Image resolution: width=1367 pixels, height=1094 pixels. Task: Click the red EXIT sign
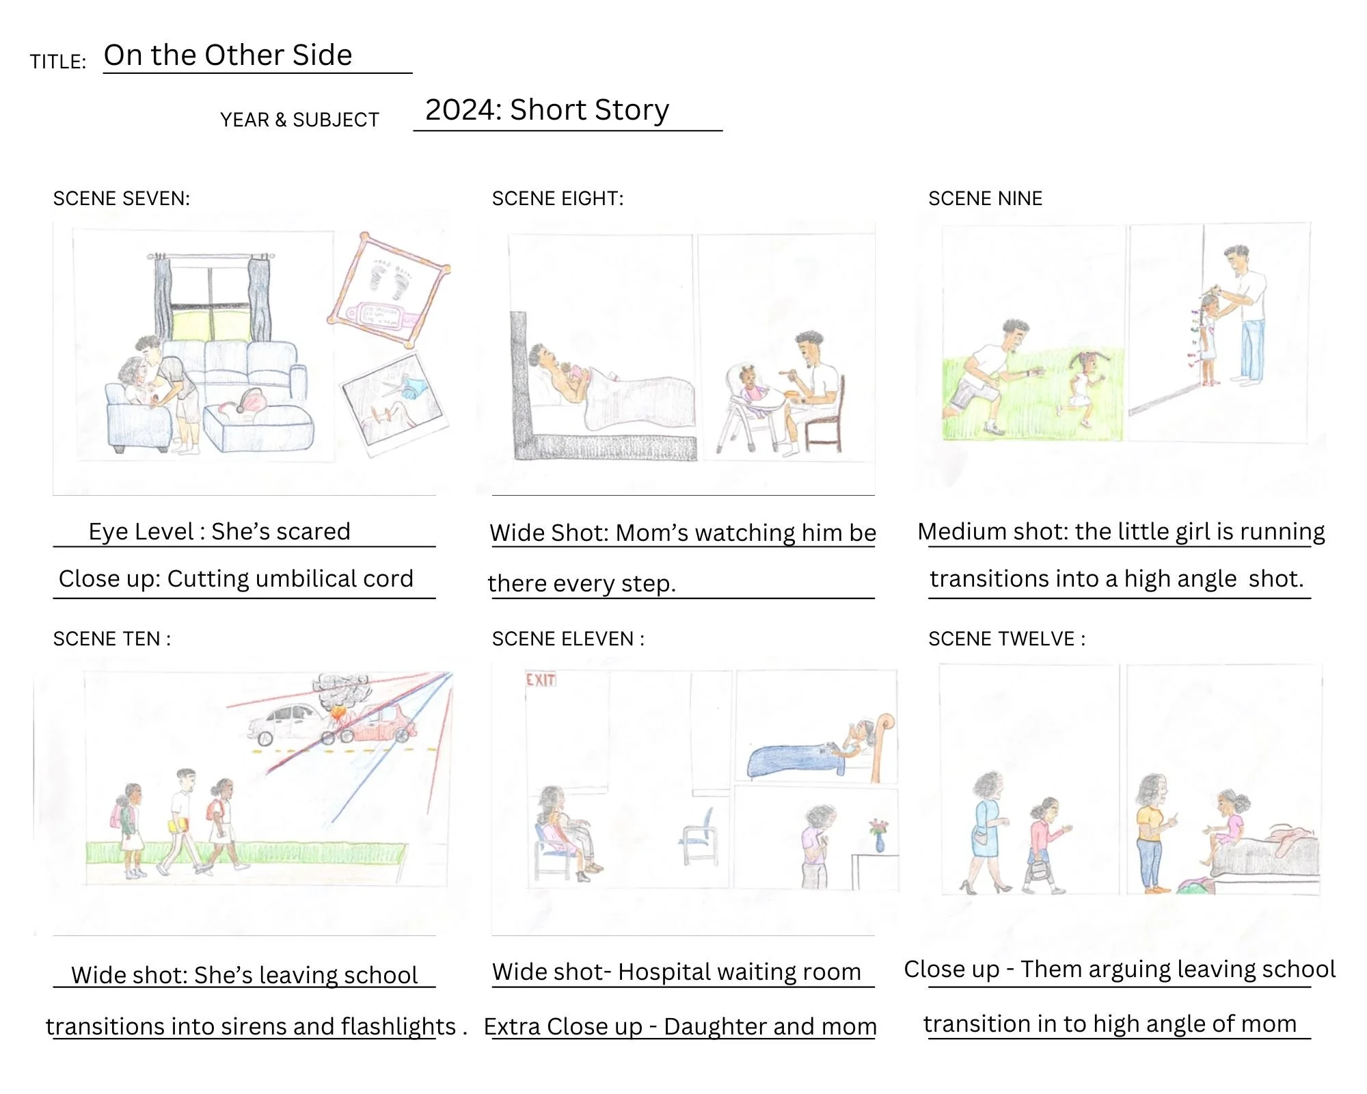point(541,680)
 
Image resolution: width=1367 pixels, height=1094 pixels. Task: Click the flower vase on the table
point(879,835)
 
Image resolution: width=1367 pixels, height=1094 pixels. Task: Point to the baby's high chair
point(748,410)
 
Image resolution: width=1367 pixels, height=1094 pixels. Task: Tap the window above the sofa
point(211,301)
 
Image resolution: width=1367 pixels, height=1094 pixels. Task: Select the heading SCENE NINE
point(985,198)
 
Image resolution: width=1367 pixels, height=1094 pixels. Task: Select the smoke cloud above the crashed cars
point(342,691)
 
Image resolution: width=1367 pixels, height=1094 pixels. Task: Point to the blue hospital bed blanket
point(796,760)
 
